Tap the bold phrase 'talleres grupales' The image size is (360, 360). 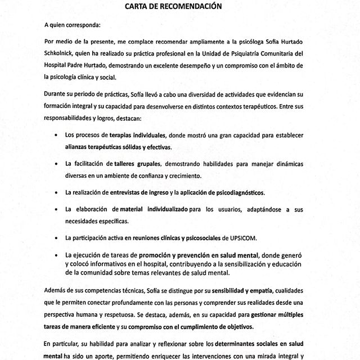(x=139, y=164)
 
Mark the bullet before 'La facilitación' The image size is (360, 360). (x=58, y=164)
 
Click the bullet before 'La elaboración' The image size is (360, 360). (x=58, y=210)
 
